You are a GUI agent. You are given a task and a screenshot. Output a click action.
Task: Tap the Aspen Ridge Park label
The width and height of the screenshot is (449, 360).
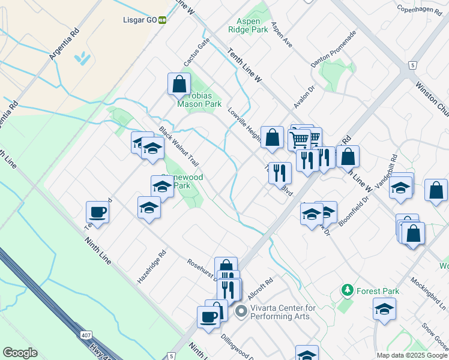248,24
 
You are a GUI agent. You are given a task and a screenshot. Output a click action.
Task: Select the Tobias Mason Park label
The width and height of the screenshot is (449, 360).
199,99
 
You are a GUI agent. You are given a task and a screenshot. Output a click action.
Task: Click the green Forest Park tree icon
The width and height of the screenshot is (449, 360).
347,290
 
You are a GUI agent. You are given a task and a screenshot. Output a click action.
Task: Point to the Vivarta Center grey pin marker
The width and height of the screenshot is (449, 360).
241,311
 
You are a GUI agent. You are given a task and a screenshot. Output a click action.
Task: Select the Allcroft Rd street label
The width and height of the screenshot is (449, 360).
261,288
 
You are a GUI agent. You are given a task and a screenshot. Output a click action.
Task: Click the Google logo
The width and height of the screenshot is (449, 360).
20,353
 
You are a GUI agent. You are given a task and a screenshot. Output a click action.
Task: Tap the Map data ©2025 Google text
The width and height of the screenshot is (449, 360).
411,355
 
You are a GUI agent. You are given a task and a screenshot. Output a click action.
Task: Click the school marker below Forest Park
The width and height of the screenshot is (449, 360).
384,310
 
